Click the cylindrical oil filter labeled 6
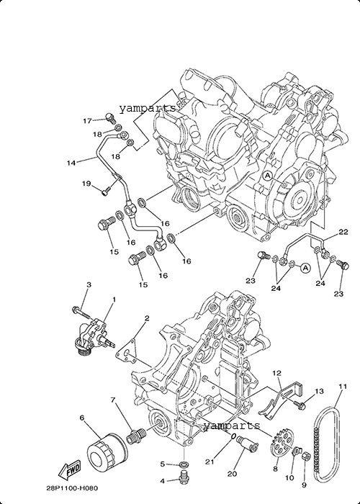click(x=107, y=453)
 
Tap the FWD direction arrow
click(x=69, y=471)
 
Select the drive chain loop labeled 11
click(x=327, y=444)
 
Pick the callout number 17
click(x=87, y=121)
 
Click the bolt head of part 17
click(x=109, y=117)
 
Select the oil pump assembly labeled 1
click(x=94, y=336)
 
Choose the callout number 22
click(x=343, y=232)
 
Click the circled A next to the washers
click(x=306, y=267)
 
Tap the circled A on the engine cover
click(x=268, y=176)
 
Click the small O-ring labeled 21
click(x=233, y=436)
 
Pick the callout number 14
click(x=71, y=163)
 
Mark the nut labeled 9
click(x=306, y=456)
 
